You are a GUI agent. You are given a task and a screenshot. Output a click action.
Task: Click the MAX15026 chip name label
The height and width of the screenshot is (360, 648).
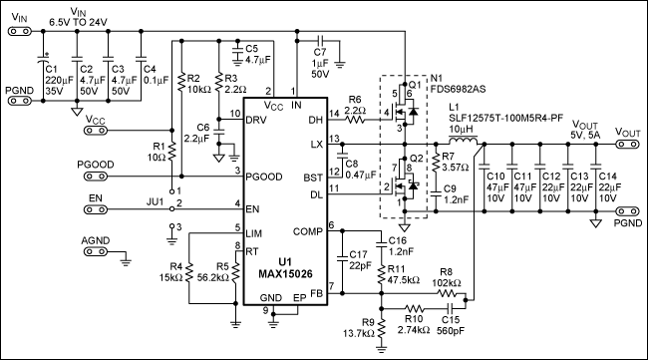click(x=285, y=273)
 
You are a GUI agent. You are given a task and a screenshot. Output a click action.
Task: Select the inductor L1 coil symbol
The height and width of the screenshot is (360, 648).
click(x=463, y=141)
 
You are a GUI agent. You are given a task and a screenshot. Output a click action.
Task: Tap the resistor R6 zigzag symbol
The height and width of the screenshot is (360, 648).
click(x=355, y=120)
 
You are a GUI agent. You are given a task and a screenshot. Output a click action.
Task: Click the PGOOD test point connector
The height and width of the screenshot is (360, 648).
click(x=96, y=177)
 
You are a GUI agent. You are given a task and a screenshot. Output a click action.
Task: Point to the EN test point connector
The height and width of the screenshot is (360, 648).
click(x=96, y=209)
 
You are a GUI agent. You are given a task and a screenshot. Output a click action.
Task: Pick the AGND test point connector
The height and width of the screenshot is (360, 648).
click(x=96, y=251)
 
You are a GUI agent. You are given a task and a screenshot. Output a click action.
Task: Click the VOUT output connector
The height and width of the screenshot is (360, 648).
click(x=627, y=145)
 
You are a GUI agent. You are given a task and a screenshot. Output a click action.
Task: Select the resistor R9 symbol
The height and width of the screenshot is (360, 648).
click(x=382, y=329)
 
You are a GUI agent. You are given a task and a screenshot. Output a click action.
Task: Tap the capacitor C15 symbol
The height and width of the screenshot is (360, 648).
click(x=451, y=308)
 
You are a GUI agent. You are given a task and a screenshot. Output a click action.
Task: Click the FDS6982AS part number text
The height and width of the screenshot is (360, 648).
click(x=459, y=89)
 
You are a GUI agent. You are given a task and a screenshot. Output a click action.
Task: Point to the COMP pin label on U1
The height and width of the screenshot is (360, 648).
click(x=307, y=232)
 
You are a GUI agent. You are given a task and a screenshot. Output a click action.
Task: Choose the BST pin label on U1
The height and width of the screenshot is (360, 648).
click(x=313, y=178)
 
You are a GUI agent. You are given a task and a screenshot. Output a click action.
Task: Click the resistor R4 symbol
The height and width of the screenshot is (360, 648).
click(x=188, y=273)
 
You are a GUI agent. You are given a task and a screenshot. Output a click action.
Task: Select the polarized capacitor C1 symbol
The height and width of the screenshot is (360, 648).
click(x=43, y=59)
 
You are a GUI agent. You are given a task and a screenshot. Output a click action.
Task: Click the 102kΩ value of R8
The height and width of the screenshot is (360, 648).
click(x=447, y=283)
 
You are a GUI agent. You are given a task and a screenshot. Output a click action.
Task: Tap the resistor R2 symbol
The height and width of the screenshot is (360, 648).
click(x=181, y=82)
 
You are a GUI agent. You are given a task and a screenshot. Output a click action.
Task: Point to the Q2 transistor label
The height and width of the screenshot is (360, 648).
click(x=416, y=159)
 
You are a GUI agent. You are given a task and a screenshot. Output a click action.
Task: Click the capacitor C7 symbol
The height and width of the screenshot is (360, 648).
click(x=320, y=41)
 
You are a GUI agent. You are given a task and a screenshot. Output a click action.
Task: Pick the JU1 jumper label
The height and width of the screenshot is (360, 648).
click(x=155, y=202)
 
